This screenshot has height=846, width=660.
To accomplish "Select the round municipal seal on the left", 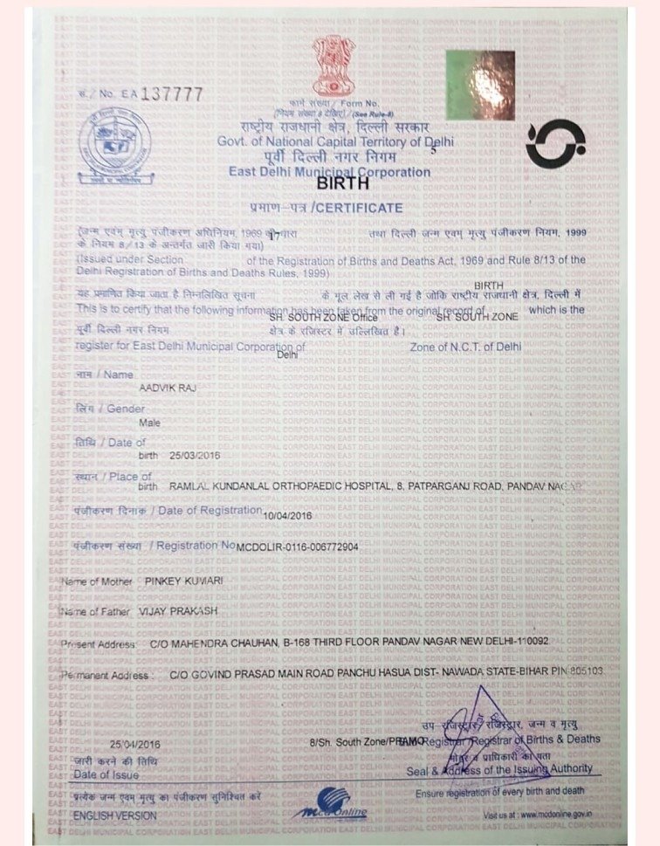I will point(114,145).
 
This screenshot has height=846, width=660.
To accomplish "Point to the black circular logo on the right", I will point(555,145).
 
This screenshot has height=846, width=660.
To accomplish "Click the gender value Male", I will point(150,422).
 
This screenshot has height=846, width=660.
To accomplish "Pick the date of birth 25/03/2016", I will point(193,455).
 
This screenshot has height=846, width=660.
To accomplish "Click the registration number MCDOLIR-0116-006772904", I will point(297,547).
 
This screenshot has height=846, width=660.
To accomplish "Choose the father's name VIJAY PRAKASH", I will point(178,611).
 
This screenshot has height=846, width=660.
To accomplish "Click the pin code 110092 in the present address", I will point(527,642).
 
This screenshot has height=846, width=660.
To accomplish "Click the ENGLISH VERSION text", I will point(116,815).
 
